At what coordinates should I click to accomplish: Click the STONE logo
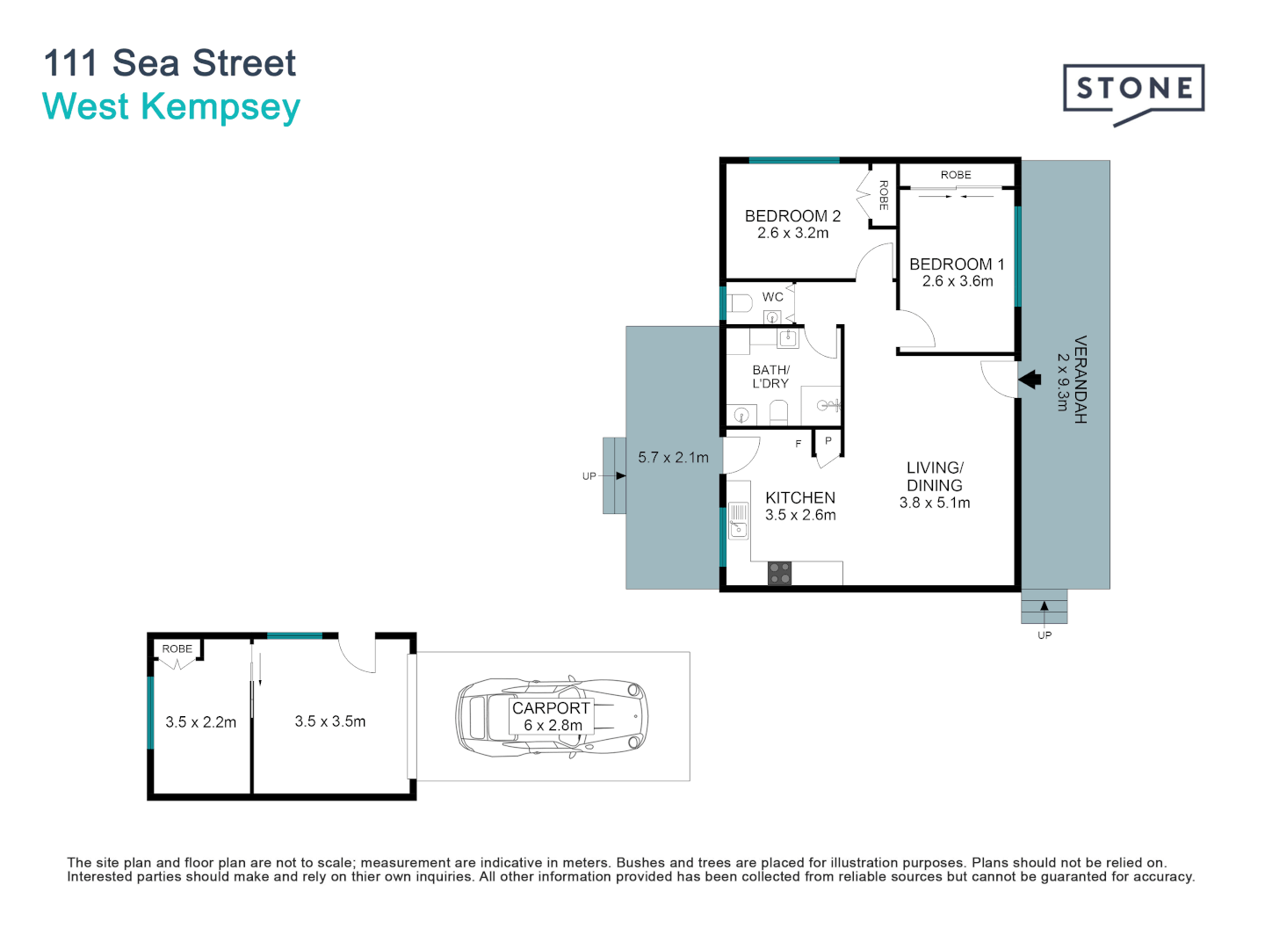[x=1133, y=90]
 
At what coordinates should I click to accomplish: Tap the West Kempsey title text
[x=171, y=107]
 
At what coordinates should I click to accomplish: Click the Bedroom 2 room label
[x=792, y=216]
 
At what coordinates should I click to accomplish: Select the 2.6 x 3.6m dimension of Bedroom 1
[x=958, y=281]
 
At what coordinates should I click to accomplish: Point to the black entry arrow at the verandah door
[x=1030, y=380]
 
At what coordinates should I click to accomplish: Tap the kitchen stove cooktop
[x=779, y=574]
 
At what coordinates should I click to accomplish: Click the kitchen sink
[x=738, y=519]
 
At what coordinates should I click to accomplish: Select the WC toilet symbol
[x=740, y=304]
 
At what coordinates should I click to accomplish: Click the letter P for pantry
[x=828, y=441]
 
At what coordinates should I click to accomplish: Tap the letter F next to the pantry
[x=798, y=444]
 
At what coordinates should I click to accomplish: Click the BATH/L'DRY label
[x=770, y=377]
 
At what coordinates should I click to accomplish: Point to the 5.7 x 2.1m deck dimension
[x=673, y=458]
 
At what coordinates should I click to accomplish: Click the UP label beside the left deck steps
[x=589, y=476]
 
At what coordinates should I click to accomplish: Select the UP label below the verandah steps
[x=1045, y=635]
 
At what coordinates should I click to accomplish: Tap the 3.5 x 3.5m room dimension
[x=330, y=721]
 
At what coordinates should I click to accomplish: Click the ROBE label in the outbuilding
[x=177, y=649]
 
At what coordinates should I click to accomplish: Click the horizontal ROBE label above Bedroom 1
[x=956, y=175]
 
